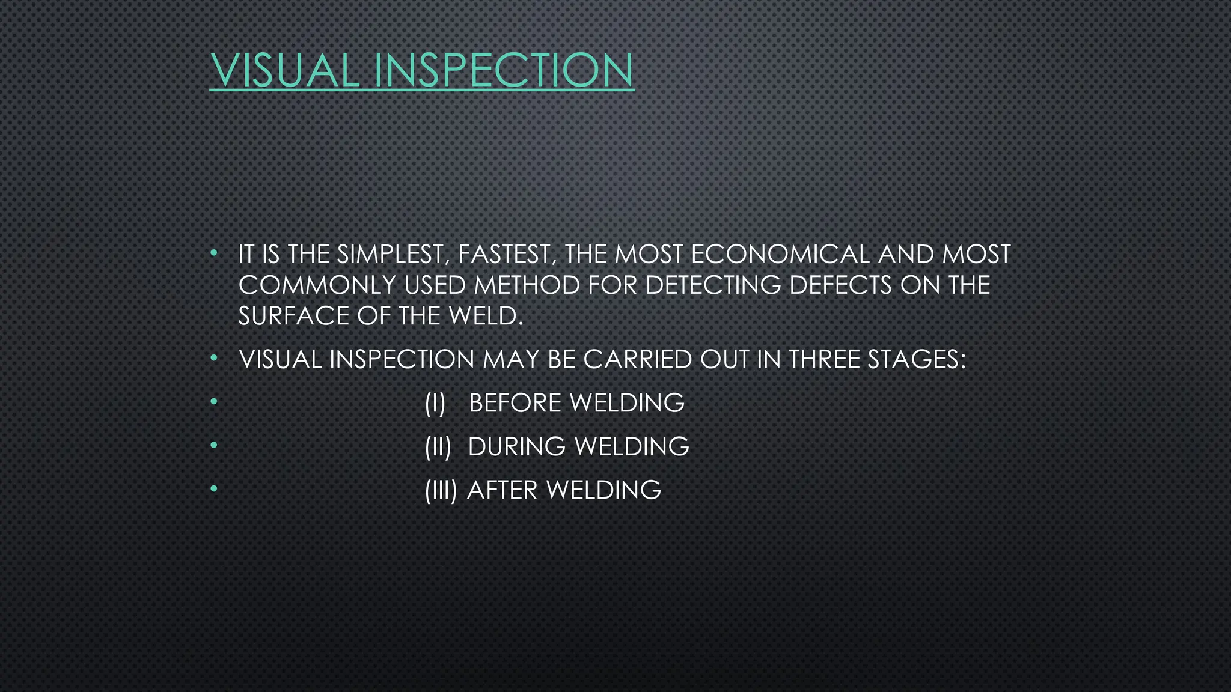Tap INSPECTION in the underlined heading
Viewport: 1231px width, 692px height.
pos(503,70)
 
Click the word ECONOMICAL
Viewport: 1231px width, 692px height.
pos(780,255)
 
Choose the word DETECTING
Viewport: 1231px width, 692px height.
pos(713,285)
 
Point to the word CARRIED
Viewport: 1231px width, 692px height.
pos(638,360)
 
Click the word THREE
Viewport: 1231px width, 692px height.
pos(824,360)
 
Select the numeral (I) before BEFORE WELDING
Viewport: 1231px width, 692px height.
pos(435,403)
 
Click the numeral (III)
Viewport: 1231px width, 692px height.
pos(441,490)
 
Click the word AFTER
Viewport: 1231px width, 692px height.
pos(502,490)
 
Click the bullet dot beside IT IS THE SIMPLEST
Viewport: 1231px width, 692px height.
pos(213,253)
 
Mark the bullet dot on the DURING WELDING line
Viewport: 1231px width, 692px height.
pos(213,446)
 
